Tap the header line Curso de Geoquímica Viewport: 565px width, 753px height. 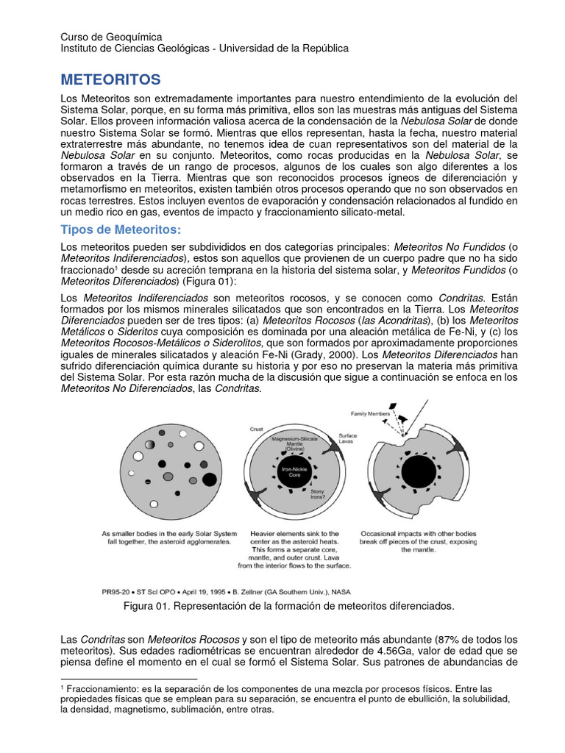[111, 36]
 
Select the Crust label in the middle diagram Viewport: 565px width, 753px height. [257, 427]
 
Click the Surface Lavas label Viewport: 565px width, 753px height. [348, 438]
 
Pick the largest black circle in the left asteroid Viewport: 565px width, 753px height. [209, 479]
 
